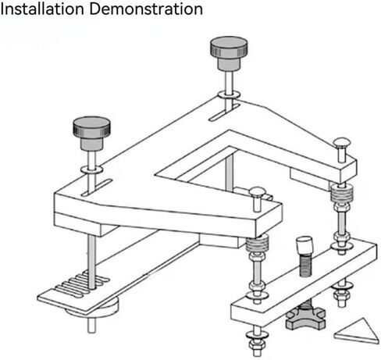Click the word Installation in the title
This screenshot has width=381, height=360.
click(42, 9)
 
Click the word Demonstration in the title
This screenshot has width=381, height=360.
click(146, 9)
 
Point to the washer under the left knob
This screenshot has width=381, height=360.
click(91, 169)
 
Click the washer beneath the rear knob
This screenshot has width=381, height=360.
click(229, 94)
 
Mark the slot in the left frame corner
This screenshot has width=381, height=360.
click(97, 187)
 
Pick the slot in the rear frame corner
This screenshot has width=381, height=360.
click(225, 112)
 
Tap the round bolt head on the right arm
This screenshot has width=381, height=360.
click(342, 144)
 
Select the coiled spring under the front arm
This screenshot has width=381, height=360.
click(257, 244)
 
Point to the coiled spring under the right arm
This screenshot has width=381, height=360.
click(342, 193)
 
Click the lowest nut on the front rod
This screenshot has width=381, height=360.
click(257, 344)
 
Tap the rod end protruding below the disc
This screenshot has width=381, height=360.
click(91, 326)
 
